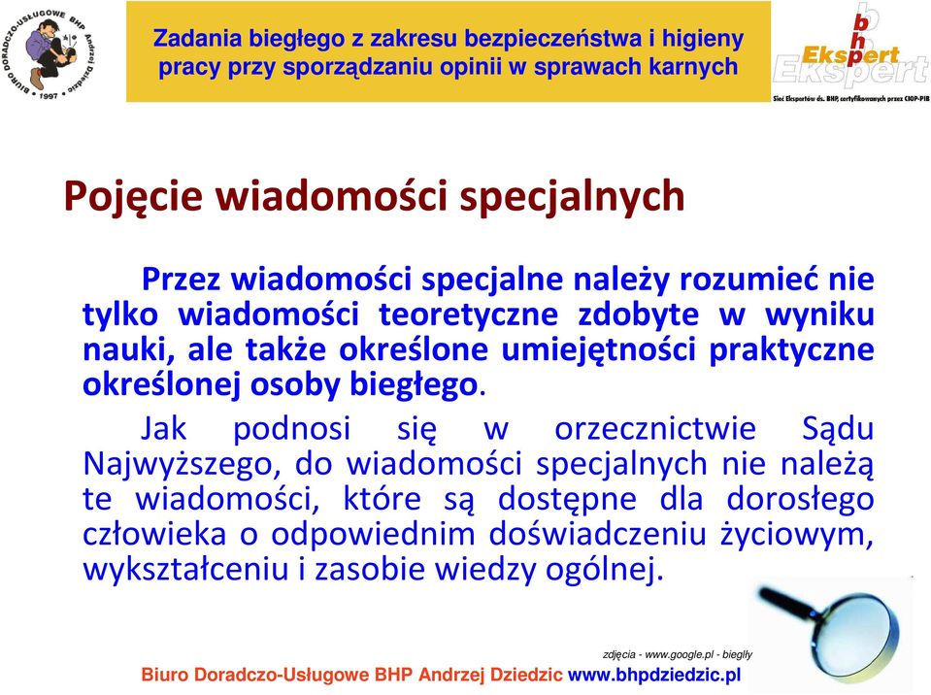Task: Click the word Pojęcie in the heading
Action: [x=133, y=197]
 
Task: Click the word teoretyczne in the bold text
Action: [x=469, y=314]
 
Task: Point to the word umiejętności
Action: [x=598, y=350]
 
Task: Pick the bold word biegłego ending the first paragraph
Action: [x=414, y=385]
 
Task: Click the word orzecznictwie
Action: [x=655, y=428]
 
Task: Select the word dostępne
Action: [x=567, y=499]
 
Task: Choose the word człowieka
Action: [x=154, y=533]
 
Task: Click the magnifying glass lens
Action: [x=858, y=631]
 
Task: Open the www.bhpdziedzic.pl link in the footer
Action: [x=654, y=676]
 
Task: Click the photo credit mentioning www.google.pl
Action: [x=677, y=654]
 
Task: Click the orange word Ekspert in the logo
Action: [x=850, y=55]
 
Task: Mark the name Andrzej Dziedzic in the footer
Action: [x=490, y=676]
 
